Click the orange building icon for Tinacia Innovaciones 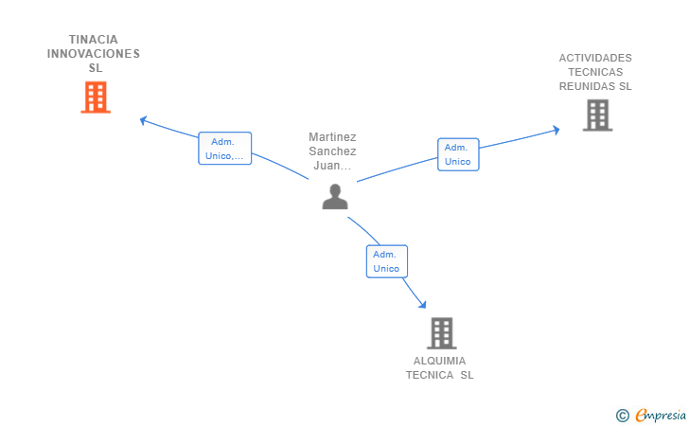point(96,98)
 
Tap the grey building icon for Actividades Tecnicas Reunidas point(597,115)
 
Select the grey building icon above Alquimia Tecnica point(442,333)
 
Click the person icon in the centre point(335,197)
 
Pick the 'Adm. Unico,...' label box point(225,149)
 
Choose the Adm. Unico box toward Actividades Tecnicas point(458,154)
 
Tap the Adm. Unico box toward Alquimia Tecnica point(387,261)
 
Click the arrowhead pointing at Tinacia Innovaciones point(143,120)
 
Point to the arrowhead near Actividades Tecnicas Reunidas point(556,130)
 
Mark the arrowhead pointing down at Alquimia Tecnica point(423,304)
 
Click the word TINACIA point(94,40)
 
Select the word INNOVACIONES point(94,54)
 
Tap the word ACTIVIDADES point(595,58)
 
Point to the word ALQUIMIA point(439,361)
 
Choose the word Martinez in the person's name point(332,137)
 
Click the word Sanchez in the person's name point(332,151)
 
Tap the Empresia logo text point(661,415)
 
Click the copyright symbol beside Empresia point(622,416)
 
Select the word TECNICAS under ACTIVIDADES point(595,72)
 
